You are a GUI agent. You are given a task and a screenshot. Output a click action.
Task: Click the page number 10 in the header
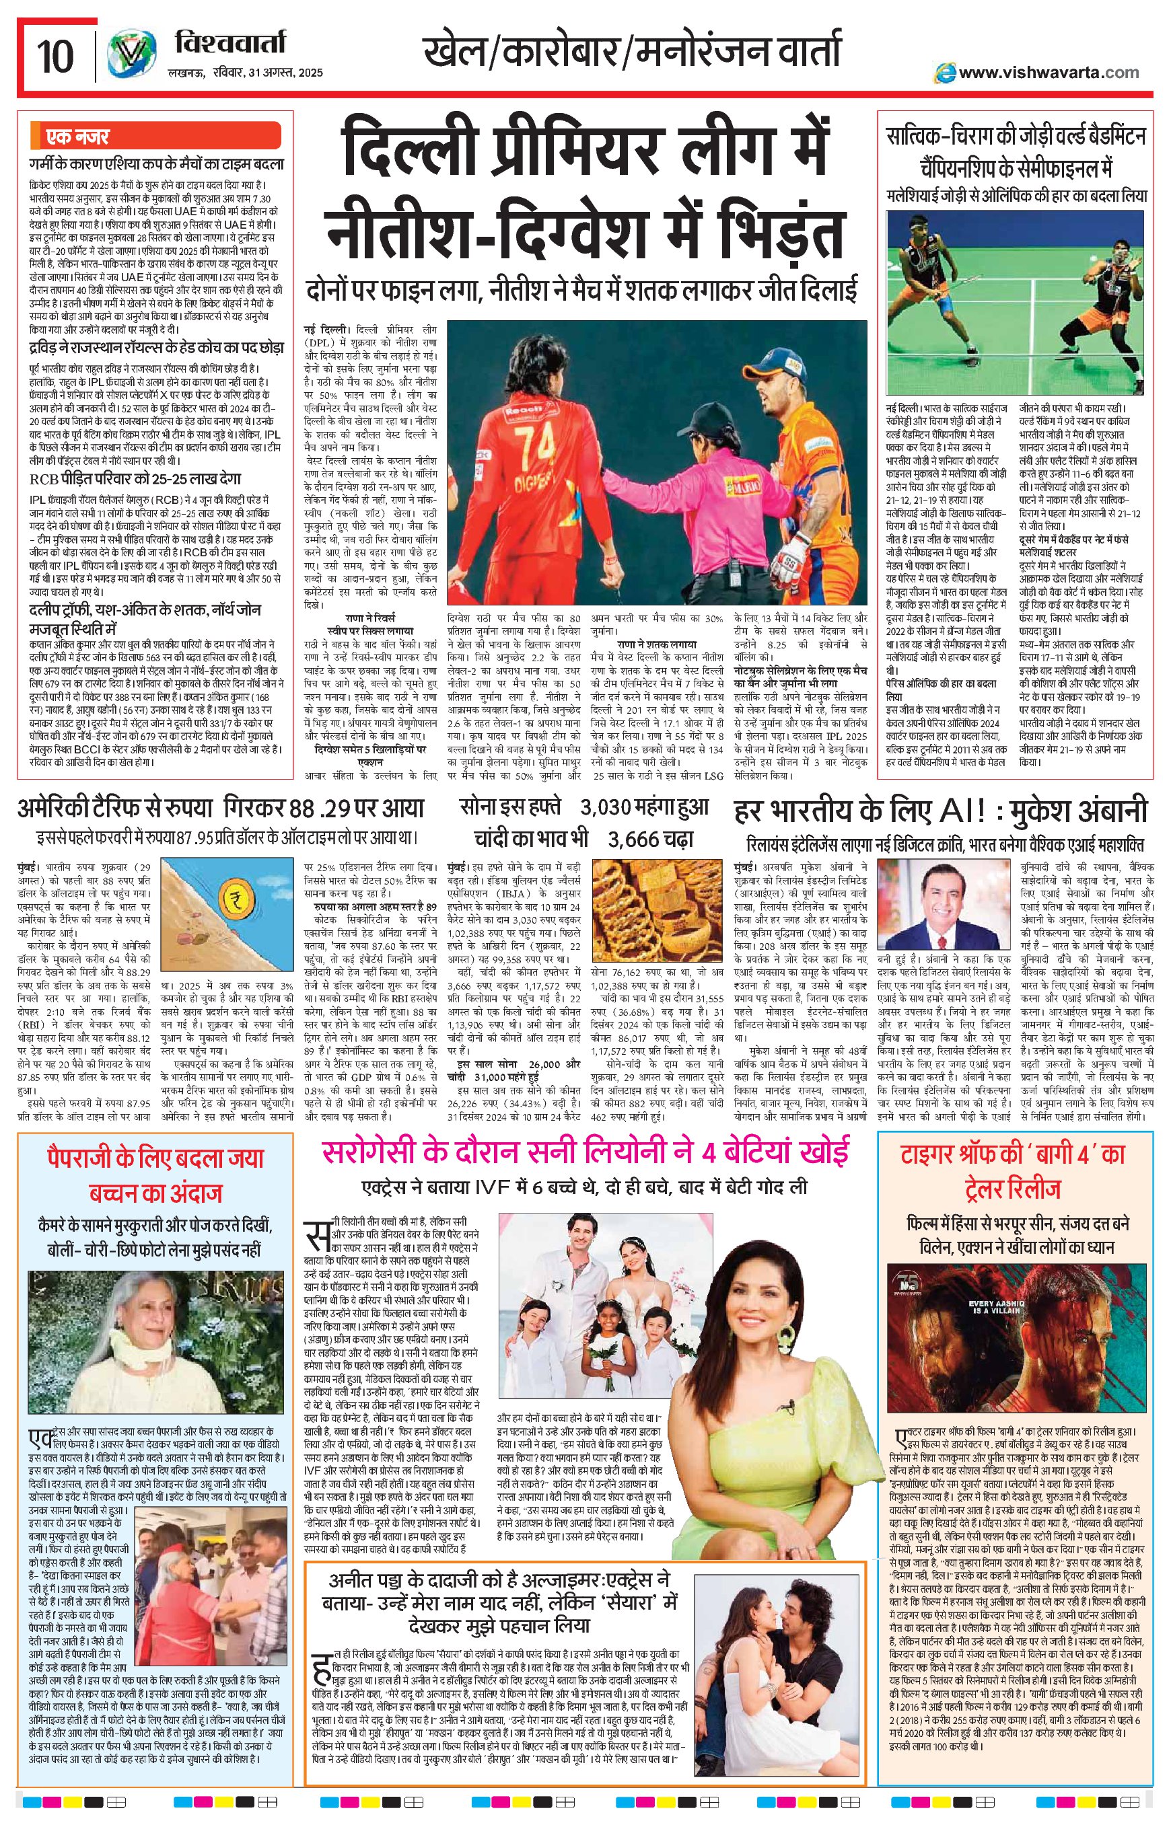click(x=55, y=57)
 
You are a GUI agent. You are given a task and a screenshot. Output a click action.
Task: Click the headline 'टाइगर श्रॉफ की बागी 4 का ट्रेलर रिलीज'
click(x=1016, y=1171)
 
